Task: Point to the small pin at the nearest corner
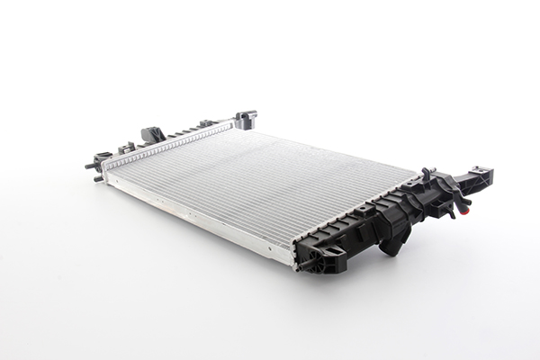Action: (x=303, y=266)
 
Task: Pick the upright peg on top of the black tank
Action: (x=426, y=170)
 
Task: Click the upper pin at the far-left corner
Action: (x=91, y=166)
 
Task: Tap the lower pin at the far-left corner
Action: (x=96, y=178)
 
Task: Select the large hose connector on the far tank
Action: (x=152, y=135)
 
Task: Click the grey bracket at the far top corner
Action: (x=245, y=119)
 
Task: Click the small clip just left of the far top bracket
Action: (x=208, y=122)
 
